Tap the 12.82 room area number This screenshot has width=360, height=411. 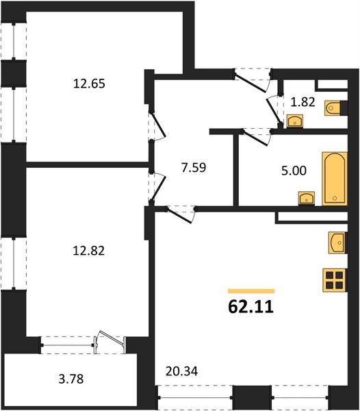[92, 249]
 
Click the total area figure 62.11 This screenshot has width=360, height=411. [250, 307]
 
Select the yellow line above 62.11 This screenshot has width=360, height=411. [250, 291]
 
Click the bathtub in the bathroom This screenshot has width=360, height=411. [334, 178]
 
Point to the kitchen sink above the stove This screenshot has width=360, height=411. [337, 242]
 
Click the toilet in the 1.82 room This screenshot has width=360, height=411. [335, 108]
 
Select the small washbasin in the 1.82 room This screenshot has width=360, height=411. [296, 122]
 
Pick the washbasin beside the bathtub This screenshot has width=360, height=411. [306, 198]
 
